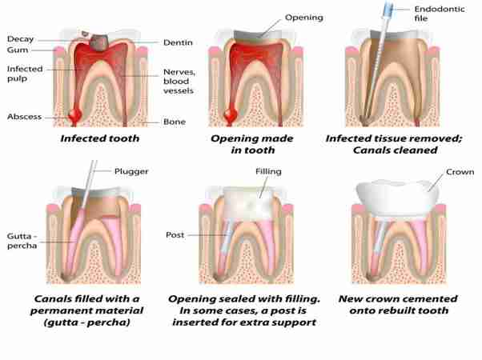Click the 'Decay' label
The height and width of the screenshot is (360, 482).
(x=20, y=39)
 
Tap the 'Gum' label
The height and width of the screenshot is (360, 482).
(x=18, y=50)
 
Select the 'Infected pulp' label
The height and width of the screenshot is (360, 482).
(x=25, y=74)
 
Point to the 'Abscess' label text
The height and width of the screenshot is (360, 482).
(x=24, y=117)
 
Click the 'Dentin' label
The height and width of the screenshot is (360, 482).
(x=178, y=42)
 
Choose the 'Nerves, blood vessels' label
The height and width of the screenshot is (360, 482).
(x=179, y=82)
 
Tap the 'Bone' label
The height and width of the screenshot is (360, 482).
(x=175, y=122)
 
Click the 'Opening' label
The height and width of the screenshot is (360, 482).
(x=304, y=18)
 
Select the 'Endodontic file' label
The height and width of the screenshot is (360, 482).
(x=440, y=14)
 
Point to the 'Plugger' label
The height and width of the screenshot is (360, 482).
(x=131, y=171)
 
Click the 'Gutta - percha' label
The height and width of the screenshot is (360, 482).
(x=22, y=241)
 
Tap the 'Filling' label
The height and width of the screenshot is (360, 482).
(x=268, y=171)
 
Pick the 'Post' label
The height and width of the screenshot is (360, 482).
(x=175, y=235)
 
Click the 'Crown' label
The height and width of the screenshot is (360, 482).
(x=460, y=172)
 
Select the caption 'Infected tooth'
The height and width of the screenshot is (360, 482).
(x=100, y=138)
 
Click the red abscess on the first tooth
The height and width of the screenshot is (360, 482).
(x=74, y=116)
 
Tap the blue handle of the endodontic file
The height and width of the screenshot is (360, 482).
(x=388, y=9)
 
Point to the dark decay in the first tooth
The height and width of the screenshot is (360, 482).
(x=98, y=42)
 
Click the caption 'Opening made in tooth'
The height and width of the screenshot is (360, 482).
(x=252, y=144)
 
